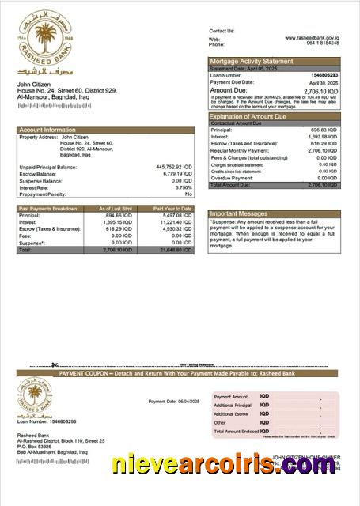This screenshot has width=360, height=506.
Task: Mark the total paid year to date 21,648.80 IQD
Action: (175, 249)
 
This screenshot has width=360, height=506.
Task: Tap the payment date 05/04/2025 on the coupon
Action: (183, 402)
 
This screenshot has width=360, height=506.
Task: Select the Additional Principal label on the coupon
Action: (232, 405)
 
